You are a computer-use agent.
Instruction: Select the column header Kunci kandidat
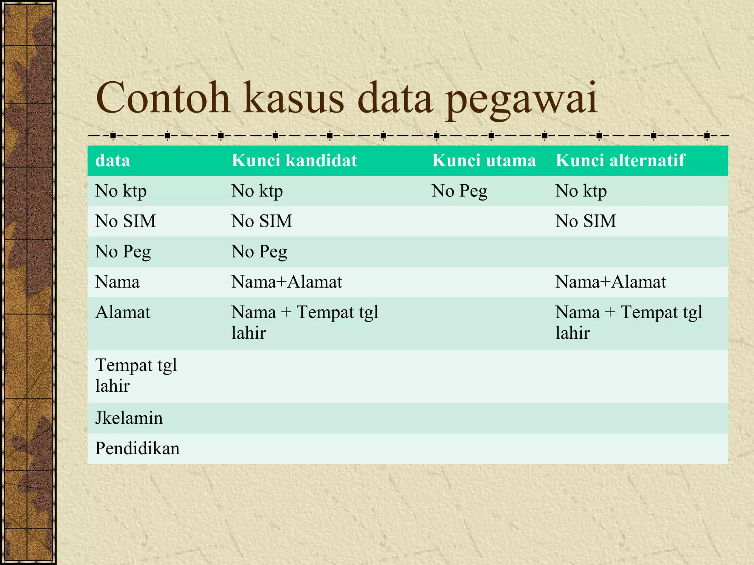coord(294,160)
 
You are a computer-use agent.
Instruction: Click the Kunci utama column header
coord(484,160)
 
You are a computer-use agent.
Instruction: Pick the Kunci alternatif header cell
coord(620,160)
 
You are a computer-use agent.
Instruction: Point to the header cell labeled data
coord(113,161)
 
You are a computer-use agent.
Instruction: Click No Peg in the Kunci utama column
coord(459,191)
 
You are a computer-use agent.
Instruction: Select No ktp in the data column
coord(121,191)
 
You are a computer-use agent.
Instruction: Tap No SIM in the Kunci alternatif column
coord(585,221)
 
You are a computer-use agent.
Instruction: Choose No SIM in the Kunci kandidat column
coord(262,221)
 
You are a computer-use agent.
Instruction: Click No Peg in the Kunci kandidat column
coord(259,252)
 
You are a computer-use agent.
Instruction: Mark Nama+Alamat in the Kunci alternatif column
coord(610,282)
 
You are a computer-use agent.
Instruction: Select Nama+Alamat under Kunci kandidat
coord(287,282)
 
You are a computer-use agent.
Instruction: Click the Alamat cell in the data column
coord(123,312)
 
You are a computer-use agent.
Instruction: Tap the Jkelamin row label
coord(129,418)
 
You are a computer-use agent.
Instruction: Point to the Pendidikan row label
coord(137,448)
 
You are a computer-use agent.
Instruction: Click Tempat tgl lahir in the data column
coord(136,375)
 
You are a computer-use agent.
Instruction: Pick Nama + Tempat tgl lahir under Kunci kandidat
coord(304,322)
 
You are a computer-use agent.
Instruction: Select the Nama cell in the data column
coord(117,282)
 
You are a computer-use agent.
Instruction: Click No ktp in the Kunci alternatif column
coord(581,191)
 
